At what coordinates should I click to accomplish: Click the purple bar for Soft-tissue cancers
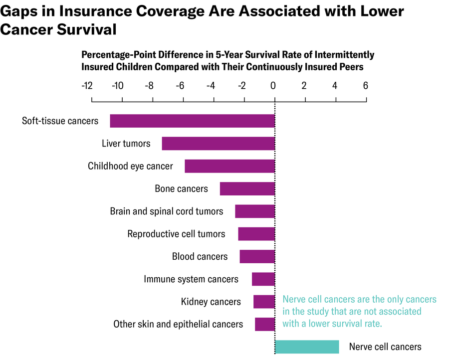click(x=192, y=121)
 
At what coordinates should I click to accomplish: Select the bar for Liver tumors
click(x=218, y=144)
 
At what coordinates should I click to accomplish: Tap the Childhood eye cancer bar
click(x=229, y=166)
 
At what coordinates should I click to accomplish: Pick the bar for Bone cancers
click(x=247, y=188)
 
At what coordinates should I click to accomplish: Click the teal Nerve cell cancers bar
click(x=307, y=347)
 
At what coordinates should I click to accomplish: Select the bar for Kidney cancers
click(x=264, y=302)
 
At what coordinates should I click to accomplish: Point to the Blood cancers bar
click(x=257, y=256)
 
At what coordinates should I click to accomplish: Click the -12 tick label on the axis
click(x=86, y=85)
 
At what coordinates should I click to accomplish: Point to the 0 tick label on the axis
click(x=273, y=85)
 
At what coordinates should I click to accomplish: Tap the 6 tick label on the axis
click(x=365, y=85)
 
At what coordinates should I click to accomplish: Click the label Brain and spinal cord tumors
click(x=167, y=211)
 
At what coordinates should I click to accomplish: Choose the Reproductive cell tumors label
click(x=176, y=234)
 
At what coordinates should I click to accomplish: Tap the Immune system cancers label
click(x=191, y=279)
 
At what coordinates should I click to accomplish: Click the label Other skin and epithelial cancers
click(x=178, y=324)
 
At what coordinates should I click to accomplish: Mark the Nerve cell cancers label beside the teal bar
click(x=385, y=347)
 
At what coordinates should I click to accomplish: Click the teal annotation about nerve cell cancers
click(x=359, y=312)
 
